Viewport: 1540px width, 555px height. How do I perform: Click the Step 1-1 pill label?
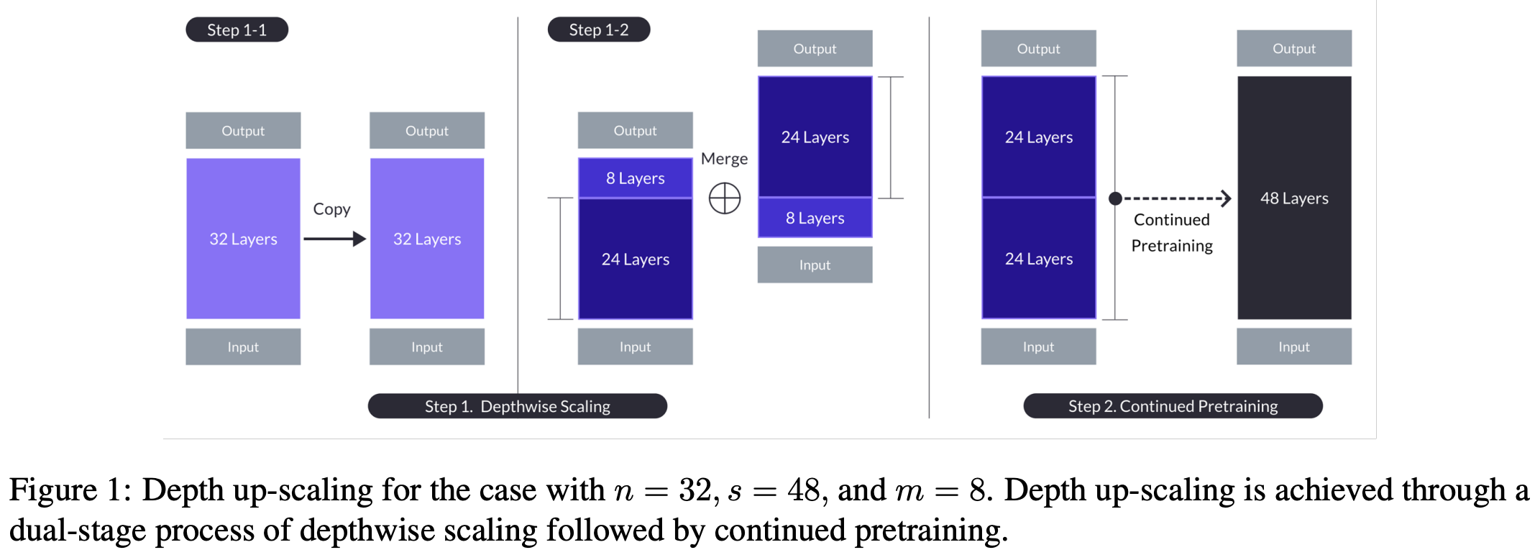(237, 30)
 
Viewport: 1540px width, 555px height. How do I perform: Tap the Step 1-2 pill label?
(598, 30)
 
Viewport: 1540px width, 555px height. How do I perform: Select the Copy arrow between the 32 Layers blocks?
(334, 239)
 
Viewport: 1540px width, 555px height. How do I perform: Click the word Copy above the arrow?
(331, 209)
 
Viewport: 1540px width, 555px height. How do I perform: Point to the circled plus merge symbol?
(725, 198)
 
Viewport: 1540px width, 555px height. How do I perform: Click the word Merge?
(724, 159)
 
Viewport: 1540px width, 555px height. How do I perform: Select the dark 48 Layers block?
(1293, 198)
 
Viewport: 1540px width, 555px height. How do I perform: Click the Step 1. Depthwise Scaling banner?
(517, 406)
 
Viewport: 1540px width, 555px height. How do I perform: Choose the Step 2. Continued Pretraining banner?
(1173, 406)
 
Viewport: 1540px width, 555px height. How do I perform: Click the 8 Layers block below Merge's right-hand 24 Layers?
(815, 218)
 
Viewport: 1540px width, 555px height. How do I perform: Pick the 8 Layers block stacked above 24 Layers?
(635, 178)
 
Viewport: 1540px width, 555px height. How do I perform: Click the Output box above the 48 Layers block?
(1293, 49)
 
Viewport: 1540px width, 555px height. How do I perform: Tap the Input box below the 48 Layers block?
(1293, 347)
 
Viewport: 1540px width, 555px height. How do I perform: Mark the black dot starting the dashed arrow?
(1115, 198)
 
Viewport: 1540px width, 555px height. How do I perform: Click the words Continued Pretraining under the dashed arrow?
(1172, 233)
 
